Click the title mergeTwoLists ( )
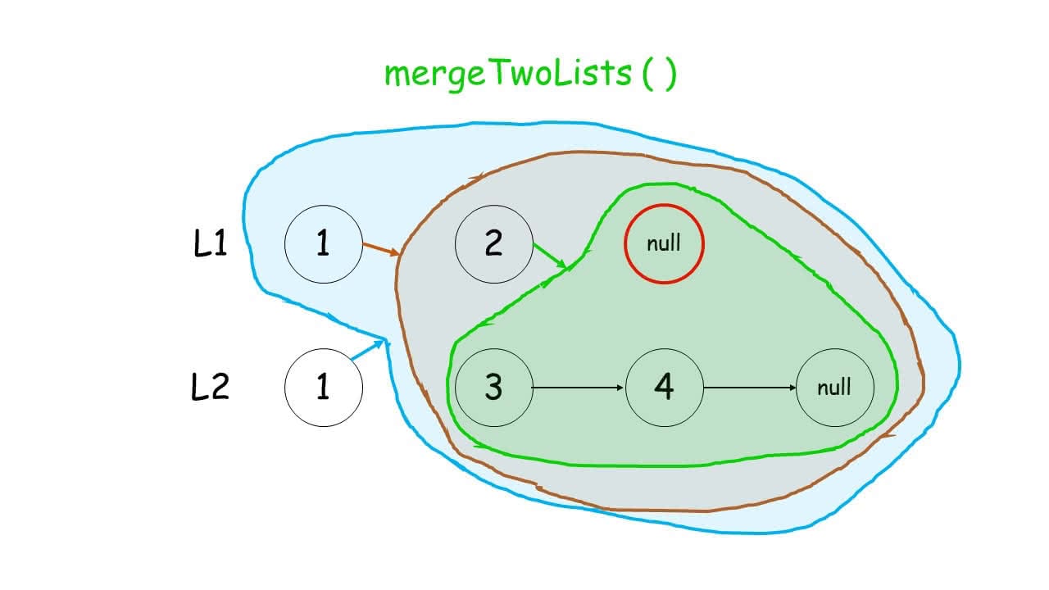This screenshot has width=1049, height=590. (530, 74)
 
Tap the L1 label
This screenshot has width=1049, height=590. (210, 244)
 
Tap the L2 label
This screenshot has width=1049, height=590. (210, 387)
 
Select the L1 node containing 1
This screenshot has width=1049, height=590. (323, 244)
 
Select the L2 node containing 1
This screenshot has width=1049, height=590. (323, 387)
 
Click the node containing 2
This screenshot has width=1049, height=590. (493, 244)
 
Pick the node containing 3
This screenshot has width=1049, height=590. (493, 387)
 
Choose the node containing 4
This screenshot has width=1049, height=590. (664, 387)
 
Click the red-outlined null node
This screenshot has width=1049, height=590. (664, 244)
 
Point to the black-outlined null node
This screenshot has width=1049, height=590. (834, 387)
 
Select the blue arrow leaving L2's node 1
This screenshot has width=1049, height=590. (368, 350)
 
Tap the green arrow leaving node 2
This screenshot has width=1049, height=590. (550, 256)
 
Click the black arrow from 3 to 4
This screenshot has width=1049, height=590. (579, 387)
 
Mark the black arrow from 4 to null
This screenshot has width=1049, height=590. (749, 387)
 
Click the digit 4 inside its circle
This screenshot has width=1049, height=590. (664, 387)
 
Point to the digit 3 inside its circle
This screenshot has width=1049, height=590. (493, 387)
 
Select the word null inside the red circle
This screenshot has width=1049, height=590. (664, 244)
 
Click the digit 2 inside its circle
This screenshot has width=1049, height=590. (493, 244)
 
